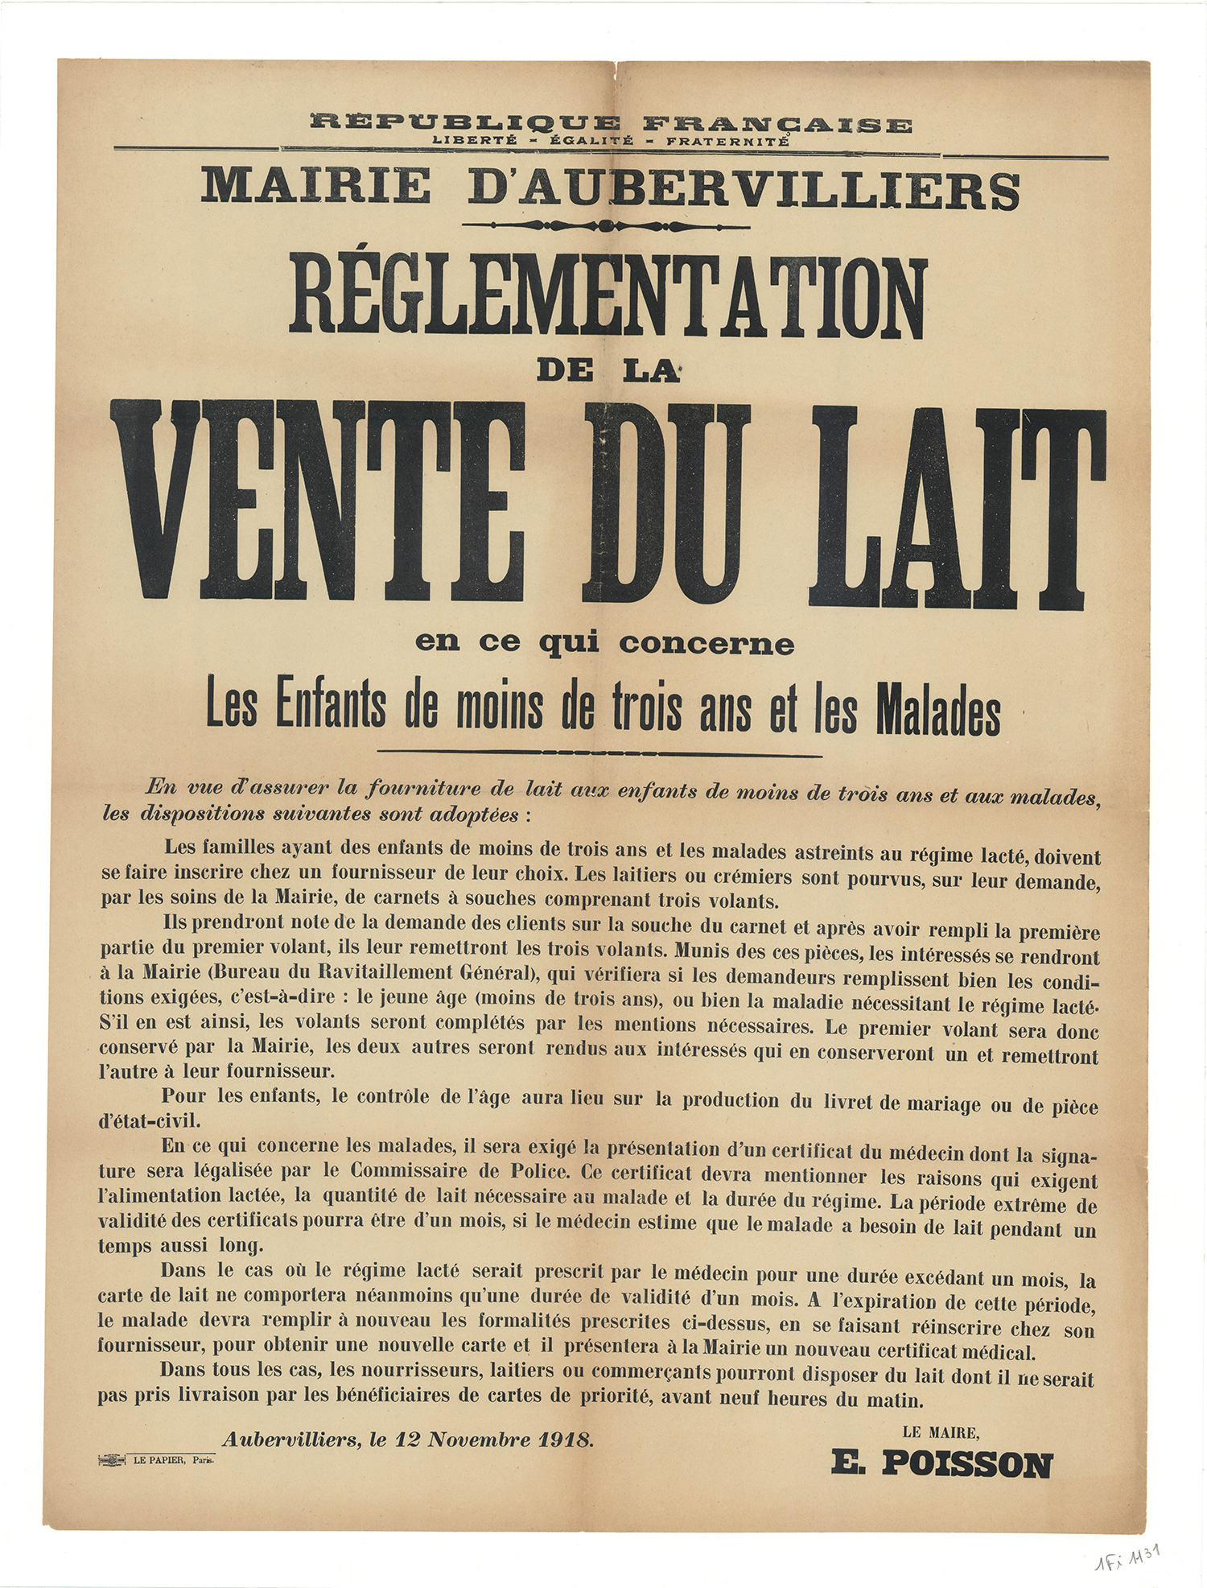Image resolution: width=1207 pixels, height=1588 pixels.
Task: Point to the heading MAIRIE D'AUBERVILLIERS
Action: [610, 188]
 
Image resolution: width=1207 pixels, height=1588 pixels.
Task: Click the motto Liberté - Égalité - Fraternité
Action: [610, 141]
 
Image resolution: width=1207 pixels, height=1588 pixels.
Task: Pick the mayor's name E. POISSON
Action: [941, 1464]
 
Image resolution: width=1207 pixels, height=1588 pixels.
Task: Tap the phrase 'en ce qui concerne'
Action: [604, 644]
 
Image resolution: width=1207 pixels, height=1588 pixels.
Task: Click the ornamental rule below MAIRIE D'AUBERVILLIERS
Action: [607, 226]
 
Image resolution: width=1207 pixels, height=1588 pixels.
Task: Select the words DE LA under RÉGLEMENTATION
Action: [608, 371]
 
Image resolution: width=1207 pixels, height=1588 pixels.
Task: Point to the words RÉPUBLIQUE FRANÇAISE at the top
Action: [610, 124]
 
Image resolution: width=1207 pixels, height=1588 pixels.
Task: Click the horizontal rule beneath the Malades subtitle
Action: [599, 754]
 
